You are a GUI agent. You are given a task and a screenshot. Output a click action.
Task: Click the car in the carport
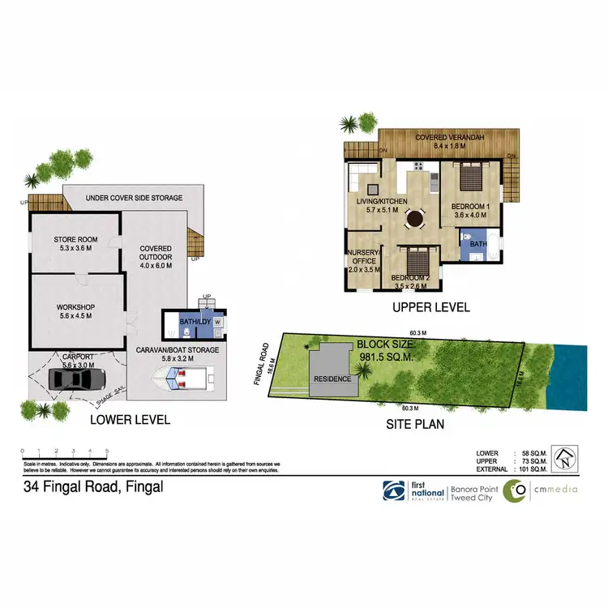(77, 379)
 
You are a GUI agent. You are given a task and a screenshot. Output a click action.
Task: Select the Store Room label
(75, 243)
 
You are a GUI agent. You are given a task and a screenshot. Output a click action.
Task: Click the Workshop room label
(75, 311)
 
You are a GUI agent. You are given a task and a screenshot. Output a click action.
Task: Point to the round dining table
(415, 217)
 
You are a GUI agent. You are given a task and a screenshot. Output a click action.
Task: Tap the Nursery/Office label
(361, 257)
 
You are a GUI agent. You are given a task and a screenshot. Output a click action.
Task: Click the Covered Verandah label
(450, 142)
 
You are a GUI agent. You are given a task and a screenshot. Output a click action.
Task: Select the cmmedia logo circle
(514, 491)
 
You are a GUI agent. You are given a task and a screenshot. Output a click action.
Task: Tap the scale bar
(64, 452)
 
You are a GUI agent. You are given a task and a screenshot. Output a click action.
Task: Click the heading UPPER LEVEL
(430, 308)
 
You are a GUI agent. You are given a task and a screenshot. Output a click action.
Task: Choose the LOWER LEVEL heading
(130, 420)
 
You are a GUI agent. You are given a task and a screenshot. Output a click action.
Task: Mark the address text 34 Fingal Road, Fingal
(93, 487)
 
